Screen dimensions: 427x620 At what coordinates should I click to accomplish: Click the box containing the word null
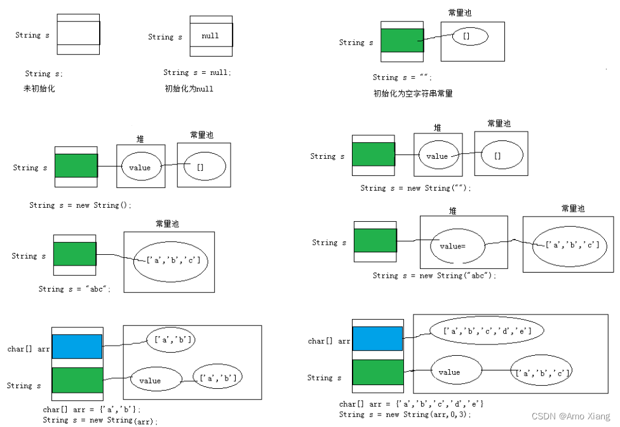point(211,36)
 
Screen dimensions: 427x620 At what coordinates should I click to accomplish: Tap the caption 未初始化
point(39,89)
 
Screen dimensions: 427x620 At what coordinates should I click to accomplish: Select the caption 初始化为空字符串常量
point(413,93)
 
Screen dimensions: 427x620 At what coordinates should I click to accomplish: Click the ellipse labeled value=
point(457,245)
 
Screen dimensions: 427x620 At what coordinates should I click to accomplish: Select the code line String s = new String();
point(80,205)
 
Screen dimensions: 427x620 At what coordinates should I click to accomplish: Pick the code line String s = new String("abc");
point(434,275)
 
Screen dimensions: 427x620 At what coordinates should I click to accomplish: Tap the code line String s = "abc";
point(75,288)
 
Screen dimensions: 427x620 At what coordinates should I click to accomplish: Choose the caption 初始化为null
point(189,89)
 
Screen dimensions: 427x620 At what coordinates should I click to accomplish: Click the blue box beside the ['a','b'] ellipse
point(77,347)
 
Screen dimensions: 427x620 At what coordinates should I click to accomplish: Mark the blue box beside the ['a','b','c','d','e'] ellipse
point(378,339)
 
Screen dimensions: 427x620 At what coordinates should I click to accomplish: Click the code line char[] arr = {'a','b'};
point(93,410)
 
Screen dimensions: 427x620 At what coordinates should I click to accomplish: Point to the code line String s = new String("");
point(416,188)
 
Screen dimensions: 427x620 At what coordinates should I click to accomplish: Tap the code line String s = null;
point(198,72)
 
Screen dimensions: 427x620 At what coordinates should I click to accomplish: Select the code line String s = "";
point(402,78)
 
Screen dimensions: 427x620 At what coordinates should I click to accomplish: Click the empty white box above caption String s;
point(78,34)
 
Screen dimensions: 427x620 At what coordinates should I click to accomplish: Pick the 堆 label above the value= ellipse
point(452,210)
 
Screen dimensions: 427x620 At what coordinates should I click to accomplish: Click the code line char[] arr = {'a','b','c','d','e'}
point(412,404)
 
